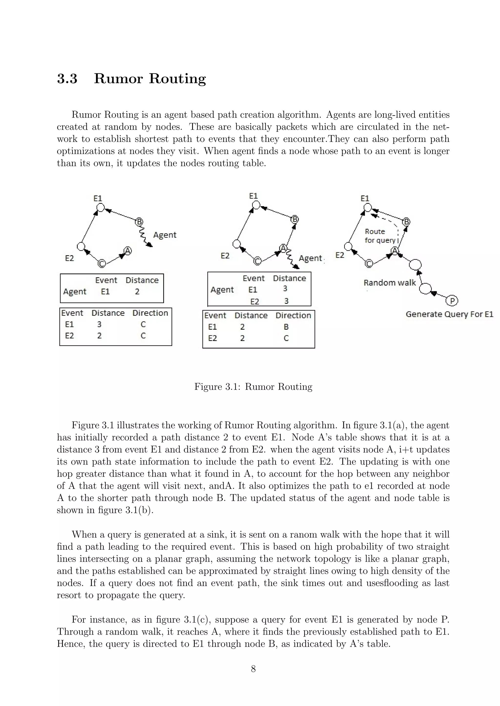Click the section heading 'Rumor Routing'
pyautogui.click(x=150, y=78)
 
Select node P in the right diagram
pyautogui.click(x=452, y=300)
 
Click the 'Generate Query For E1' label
pyautogui.click(x=449, y=314)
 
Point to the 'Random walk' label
pyautogui.click(x=389, y=283)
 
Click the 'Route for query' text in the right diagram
pyautogui.click(x=379, y=236)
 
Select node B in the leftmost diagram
pyautogui.click(x=139, y=221)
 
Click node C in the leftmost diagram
pyautogui.click(x=102, y=264)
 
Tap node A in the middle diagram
pyautogui.click(x=283, y=248)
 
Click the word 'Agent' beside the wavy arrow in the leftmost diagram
pyautogui.click(x=165, y=235)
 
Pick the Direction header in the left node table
pyautogui.click(x=150, y=313)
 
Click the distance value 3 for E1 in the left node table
pyautogui.click(x=99, y=324)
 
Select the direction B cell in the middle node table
pyautogui.click(x=286, y=327)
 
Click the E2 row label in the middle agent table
pyautogui.click(x=255, y=302)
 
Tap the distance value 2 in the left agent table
pyautogui.click(x=137, y=292)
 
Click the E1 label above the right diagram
pyautogui.click(x=365, y=198)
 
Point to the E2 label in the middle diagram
pyautogui.click(x=225, y=256)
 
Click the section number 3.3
pyautogui.click(x=67, y=78)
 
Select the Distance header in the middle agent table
pyautogui.click(x=289, y=278)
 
